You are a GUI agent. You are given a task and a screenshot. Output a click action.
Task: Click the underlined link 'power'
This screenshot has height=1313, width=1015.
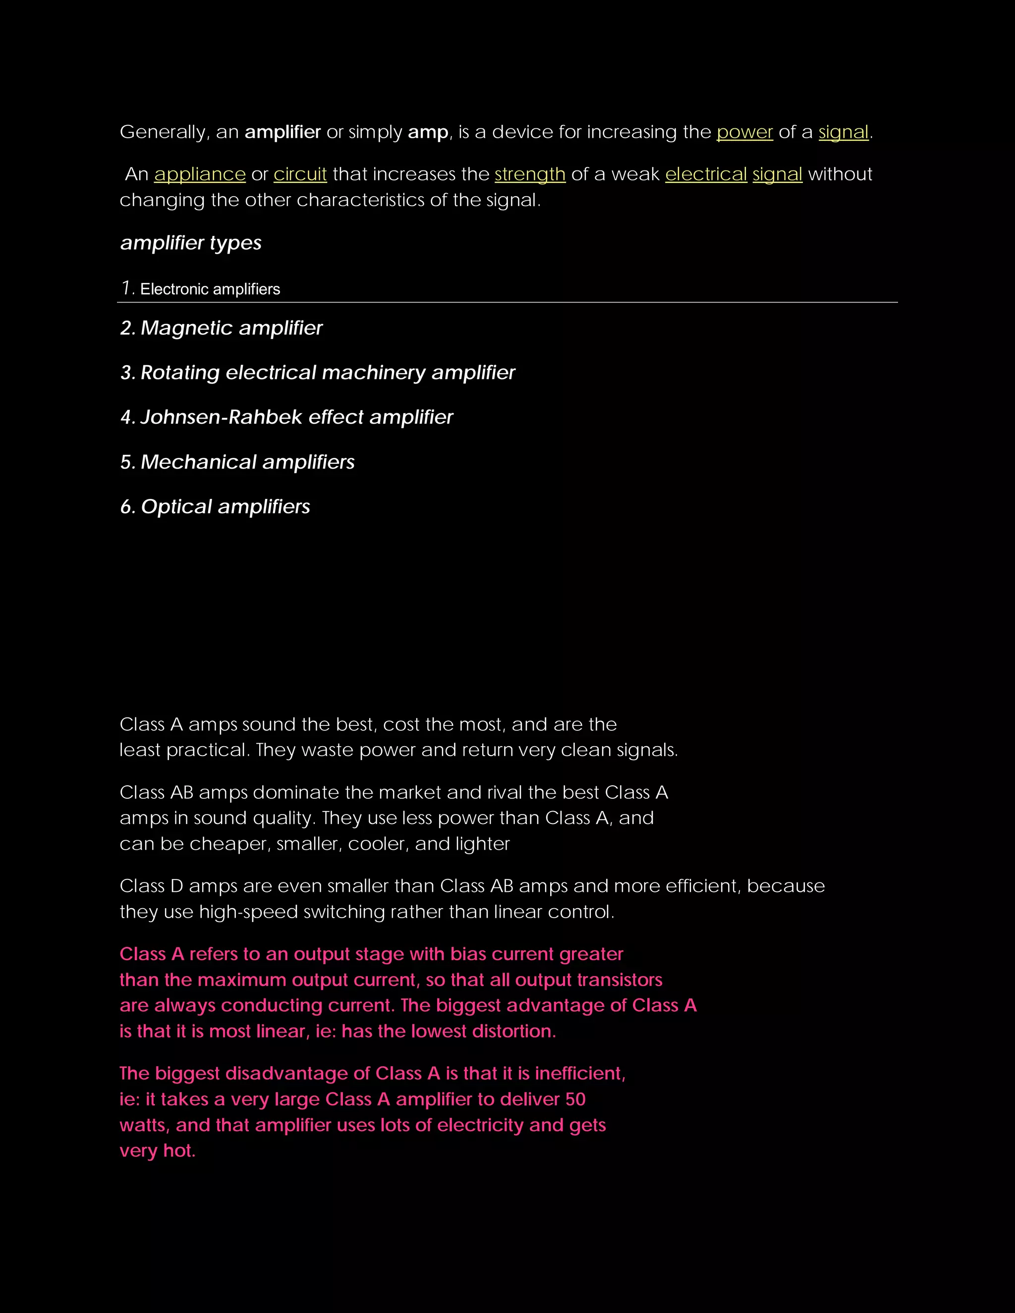(x=744, y=132)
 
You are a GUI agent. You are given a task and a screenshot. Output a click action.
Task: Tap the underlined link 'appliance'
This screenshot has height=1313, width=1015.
(x=200, y=174)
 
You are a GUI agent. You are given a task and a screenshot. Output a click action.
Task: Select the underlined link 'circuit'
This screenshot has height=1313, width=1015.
(x=300, y=174)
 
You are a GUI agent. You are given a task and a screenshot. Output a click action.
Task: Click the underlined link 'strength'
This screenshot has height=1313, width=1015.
(x=530, y=174)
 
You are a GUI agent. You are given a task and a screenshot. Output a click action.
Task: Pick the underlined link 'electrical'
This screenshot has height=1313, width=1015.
(x=706, y=174)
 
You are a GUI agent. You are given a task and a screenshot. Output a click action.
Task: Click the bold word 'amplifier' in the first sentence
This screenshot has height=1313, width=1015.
(x=282, y=132)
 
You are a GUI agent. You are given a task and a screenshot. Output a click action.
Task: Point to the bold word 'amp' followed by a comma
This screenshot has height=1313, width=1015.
(x=428, y=132)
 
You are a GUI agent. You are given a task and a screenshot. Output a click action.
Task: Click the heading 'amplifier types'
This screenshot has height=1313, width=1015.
(x=191, y=243)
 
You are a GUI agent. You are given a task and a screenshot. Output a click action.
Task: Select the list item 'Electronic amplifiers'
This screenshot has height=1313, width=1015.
(x=210, y=289)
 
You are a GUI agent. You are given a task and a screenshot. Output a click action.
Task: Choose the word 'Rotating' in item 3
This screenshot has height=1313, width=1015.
(x=180, y=373)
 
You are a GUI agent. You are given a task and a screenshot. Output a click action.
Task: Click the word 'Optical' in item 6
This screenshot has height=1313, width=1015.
(x=176, y=507)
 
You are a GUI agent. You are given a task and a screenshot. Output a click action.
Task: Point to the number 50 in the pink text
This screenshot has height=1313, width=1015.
(x=575, y=1099)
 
